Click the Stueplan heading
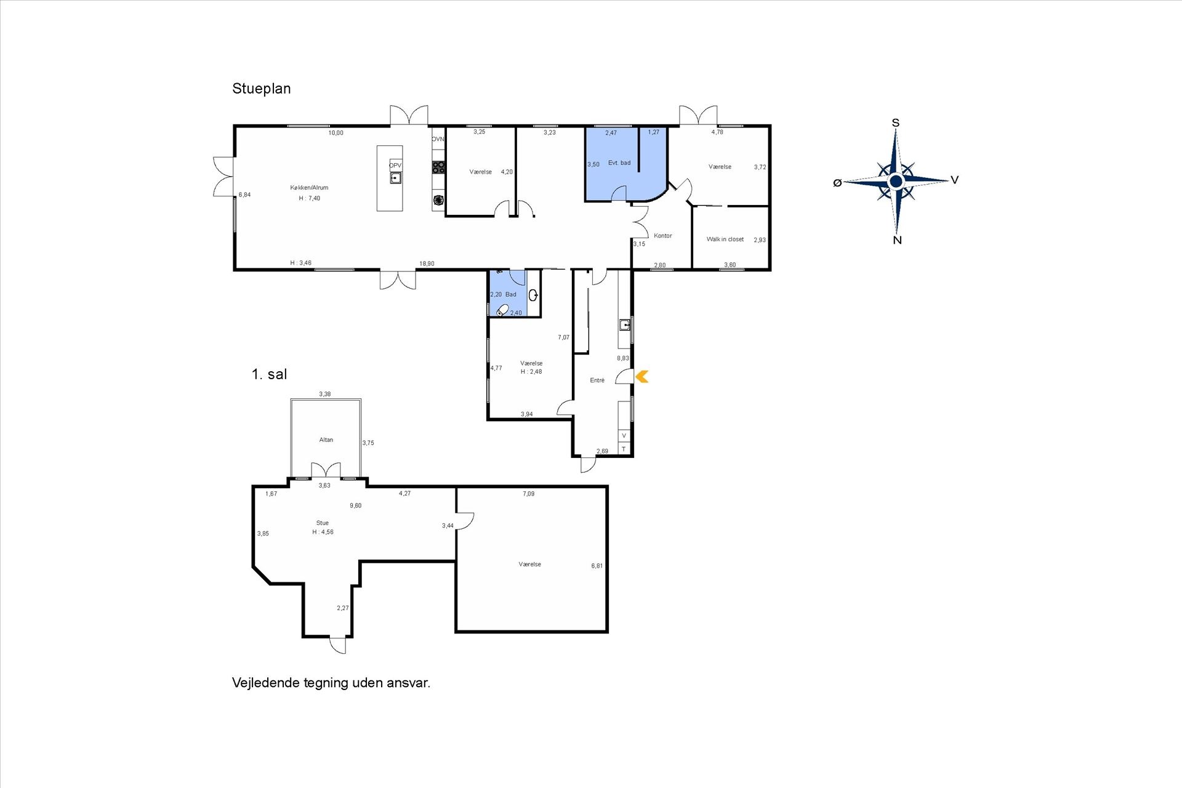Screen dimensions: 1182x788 (x=261, y=89)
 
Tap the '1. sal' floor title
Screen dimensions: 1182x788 (x=269, y=374)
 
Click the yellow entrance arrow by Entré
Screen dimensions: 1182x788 (x=641, y=376)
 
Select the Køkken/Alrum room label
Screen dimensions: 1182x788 (x=309, y=188)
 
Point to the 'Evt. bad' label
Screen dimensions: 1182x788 (x=619, y=163)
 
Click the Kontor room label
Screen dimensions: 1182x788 (x=663, y=236)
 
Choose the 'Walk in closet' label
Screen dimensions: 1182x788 (x=725, y=239)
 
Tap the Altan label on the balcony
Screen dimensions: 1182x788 (x=326, y=440)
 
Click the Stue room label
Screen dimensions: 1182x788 (x=323, y=523)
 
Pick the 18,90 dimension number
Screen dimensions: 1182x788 (x=427, y=264)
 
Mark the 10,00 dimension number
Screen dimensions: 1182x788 (x=336, y=133)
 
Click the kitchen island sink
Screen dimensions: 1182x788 (x=396, y=178)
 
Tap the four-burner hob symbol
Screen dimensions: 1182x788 (x=438, y=166)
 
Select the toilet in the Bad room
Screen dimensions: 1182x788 (x=503, y=310)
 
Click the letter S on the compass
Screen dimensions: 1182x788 (x=896, y=123)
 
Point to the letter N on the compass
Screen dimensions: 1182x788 (x=897, y=240)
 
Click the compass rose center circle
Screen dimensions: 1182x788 (x=896, y=181)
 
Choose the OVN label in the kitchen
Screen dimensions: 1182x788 (x=438, y=139)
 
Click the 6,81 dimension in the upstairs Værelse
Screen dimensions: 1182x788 (x=597, y=566)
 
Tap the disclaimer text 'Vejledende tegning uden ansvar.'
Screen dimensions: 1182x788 (x=331, y=683)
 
